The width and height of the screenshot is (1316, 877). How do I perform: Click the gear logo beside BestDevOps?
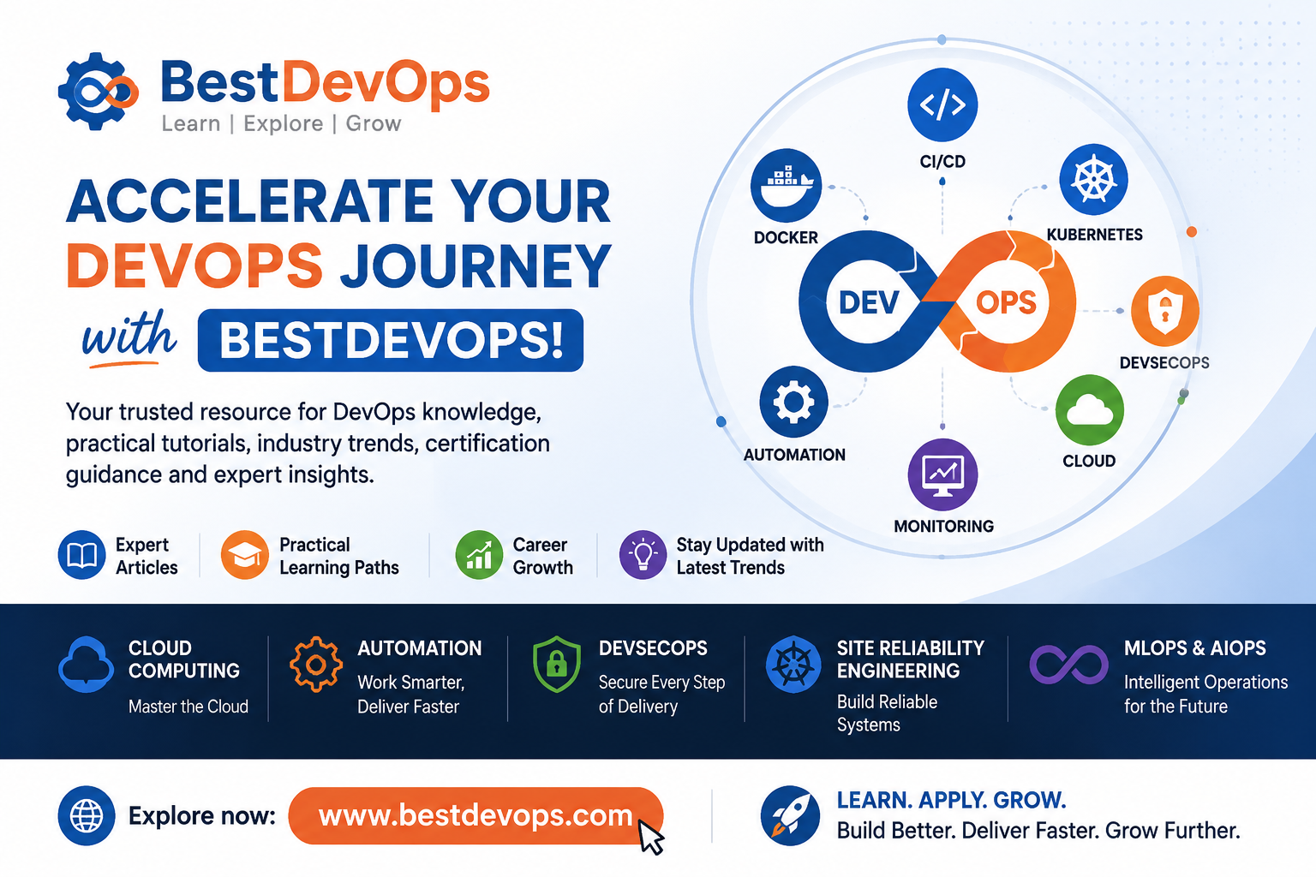(98, 91)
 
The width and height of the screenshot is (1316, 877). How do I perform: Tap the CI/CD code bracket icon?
(942, 104)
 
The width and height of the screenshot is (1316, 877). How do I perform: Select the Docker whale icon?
(786, 186)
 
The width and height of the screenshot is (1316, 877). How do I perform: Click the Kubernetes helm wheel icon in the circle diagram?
(1093, 180)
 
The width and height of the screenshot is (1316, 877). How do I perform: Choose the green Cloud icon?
(1089, 409)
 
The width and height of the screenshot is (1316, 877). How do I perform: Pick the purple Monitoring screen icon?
(942, 474)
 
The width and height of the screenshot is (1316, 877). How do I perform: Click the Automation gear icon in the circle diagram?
(793, 403)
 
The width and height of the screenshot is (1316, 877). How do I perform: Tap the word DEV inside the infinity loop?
(869, 303)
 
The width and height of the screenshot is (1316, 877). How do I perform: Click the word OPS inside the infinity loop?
(1006, 302)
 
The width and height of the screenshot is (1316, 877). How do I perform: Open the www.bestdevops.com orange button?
(476, 815)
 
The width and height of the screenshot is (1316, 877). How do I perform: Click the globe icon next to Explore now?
(87, 815)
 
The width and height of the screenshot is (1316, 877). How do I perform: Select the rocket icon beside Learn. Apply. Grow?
(790, 815)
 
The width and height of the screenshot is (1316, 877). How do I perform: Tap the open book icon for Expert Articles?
(81, 555)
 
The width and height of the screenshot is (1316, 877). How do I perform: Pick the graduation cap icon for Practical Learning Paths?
(244, 555)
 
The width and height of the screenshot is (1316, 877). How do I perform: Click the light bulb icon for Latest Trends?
(643, 555)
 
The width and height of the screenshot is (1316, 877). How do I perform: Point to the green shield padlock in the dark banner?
(556, 665)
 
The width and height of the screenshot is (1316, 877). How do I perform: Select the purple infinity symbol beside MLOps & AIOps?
(1068, 665)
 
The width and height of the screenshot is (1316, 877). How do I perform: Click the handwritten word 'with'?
(129, 335)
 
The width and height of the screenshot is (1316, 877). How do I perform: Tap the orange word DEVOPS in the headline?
(194, 265)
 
